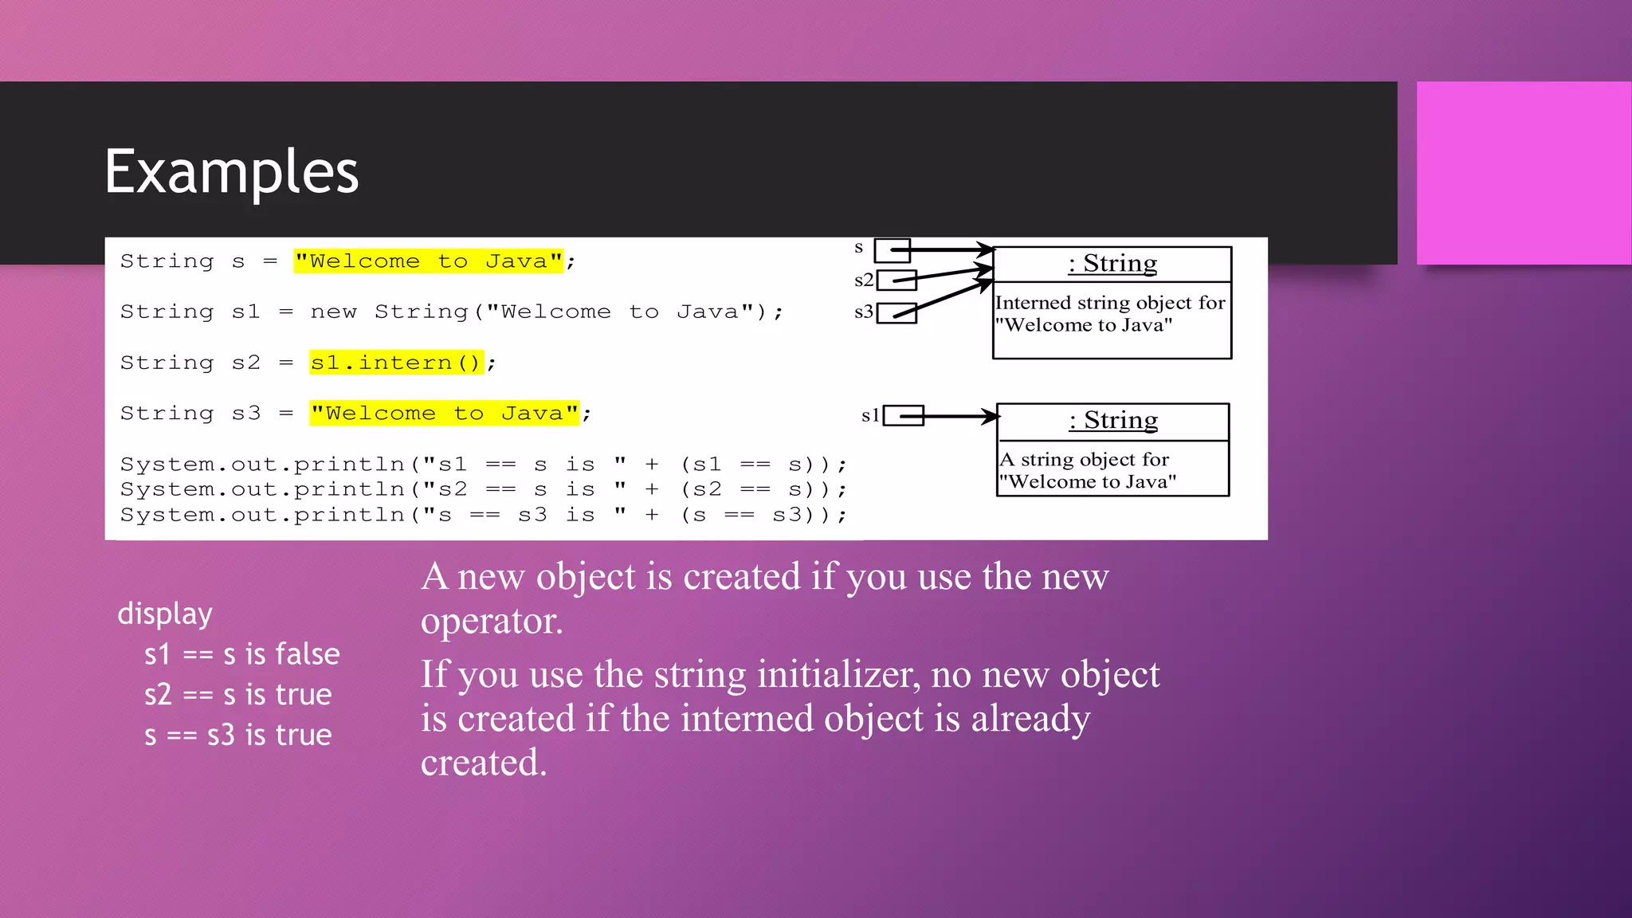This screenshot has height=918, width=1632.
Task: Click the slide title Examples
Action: tap(231, 172)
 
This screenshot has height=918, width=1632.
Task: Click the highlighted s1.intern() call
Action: tap(396, 363)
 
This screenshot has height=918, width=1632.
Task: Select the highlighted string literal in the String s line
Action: tap(429, 261)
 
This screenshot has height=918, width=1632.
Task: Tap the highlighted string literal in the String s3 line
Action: tap(445, 414)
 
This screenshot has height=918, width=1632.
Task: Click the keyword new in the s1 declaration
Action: tap(333, 312)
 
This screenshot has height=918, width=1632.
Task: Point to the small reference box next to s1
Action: tap(903, 416)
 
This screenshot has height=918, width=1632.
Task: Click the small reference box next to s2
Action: tap(896, 280)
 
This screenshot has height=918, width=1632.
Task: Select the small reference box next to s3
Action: tap(896, 313)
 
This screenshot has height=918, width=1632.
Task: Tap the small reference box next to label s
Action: tap(892, 250)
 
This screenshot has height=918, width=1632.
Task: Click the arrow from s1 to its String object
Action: tap(959, 416)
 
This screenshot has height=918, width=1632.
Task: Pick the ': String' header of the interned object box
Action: tap(1112, 264)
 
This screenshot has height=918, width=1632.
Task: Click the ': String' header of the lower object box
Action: tap(1113, 421)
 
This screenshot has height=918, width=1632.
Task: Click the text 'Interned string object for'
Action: tap(1110, 303)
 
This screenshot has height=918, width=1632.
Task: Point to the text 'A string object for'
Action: tap(1085, 460)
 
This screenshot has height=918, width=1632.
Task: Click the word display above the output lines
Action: tap(165, 614)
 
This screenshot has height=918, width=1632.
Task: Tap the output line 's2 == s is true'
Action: tap(237, 695)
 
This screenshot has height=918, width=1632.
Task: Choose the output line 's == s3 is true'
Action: tap(237, 736)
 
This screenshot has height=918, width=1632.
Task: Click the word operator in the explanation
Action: tap(491, 622)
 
